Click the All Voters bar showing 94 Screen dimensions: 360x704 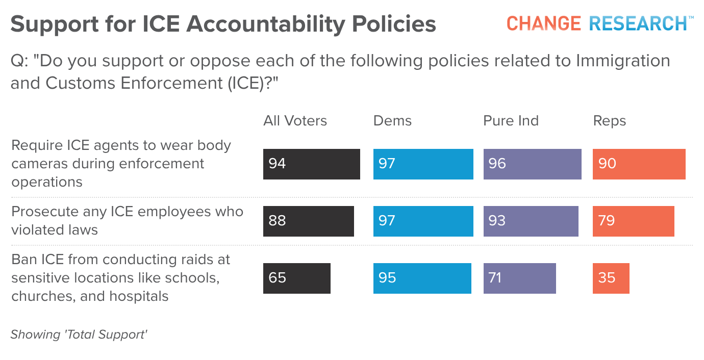(311, 164)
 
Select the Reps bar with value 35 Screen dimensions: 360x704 (611, 278)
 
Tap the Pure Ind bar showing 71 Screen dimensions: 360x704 (519, 278)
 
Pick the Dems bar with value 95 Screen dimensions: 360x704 (422, 278)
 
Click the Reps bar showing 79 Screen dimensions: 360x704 (633, 221)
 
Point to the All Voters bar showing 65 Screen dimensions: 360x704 (296, 278)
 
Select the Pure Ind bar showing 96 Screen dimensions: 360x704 (532, 164)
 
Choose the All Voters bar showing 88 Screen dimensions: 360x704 (308, 221)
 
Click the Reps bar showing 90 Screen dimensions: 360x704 (639, 164)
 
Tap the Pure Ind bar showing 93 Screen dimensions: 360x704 (531, 221)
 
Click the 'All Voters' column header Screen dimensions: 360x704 (295, 121)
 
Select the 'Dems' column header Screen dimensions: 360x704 (392, 121)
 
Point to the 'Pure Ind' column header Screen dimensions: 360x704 (511, 121)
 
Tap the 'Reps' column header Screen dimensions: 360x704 (609, 121)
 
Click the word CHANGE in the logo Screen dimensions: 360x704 (543, 23)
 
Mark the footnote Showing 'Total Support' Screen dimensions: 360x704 (79, 335)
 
